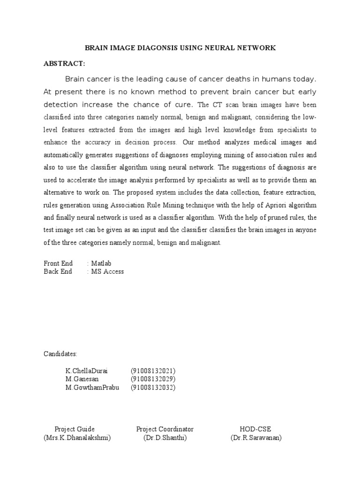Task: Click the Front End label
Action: [x=58, y=264]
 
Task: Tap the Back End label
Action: [x=58, y=271]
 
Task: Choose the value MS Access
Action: [x=107, y=271]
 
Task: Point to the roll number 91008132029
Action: [x=153, y=379]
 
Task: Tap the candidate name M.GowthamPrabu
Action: [x=92, y=387]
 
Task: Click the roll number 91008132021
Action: [x=153, y=371]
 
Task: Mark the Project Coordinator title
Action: [x=165, y=429]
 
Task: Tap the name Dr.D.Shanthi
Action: [x=165, y=438]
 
